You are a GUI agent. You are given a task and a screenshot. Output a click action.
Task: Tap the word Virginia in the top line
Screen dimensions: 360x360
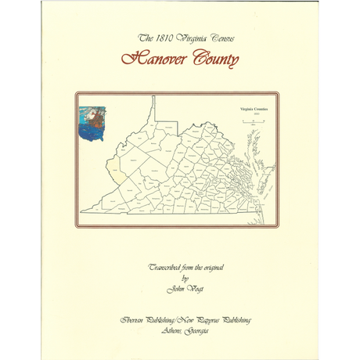tap(192, 38)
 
